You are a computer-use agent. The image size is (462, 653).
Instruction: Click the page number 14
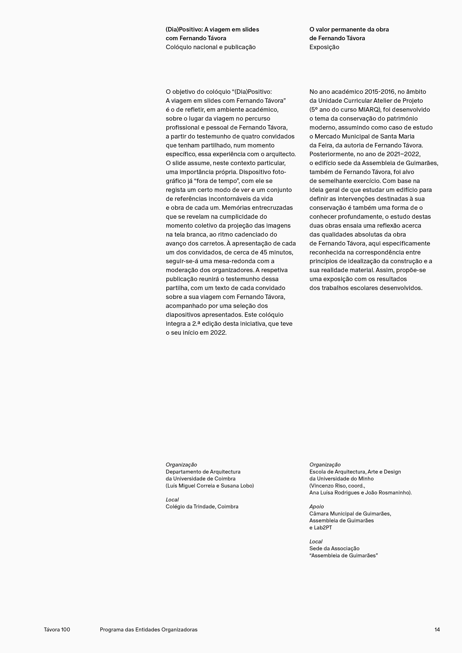(x=437, y=629)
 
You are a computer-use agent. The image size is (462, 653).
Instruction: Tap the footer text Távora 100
(x=57, y=629)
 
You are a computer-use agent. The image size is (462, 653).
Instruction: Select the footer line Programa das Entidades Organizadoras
(x=149, y=629)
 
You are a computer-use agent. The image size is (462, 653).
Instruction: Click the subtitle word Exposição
(x=324, y=47)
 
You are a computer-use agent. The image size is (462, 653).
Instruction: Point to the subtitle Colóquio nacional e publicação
(x=211, y=47)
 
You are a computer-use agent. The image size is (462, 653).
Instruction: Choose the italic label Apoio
(x=317, y=507)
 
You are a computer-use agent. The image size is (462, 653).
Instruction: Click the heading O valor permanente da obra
(x=349, y=29)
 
